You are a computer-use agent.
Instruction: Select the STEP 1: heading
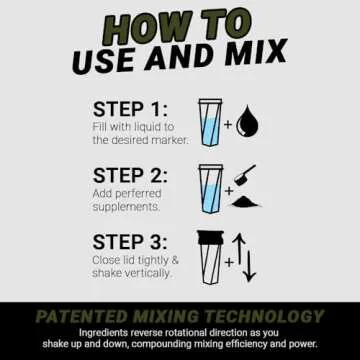click(129, 109)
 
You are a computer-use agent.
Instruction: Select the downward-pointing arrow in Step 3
click(251, 268)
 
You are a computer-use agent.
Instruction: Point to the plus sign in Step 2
click(229, 189)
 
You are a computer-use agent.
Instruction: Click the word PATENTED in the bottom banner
click(80, 317)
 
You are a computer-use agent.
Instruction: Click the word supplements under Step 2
click(125, 206)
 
